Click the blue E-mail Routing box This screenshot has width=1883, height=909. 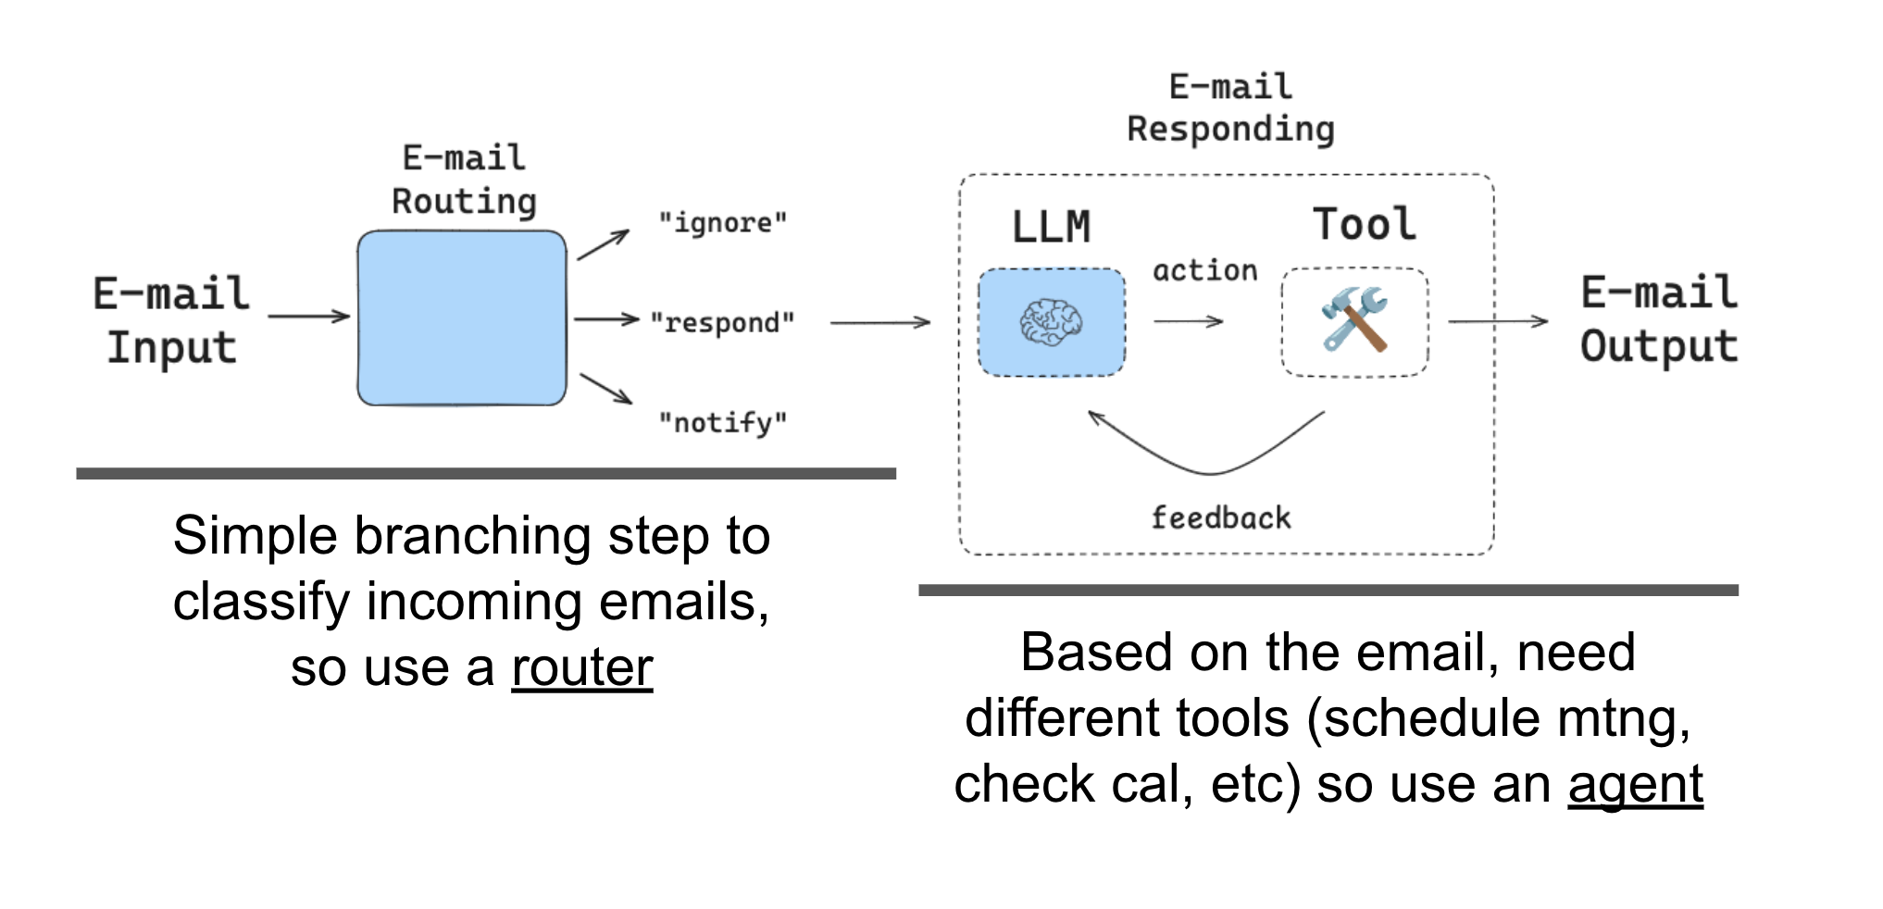tap(462, 318)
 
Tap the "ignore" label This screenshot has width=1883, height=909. tap(722, 223)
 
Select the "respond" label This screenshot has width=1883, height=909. tap(722, 323)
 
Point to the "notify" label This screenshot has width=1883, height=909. tap(722, 423)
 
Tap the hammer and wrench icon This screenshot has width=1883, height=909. tap(1354, 319)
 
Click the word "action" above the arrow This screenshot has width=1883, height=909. tap(1204, 271)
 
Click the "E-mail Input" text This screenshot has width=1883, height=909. tap(172, 320)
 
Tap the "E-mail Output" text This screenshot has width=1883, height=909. tap(1658, 319)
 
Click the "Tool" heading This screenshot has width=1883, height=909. tap(1364, 225)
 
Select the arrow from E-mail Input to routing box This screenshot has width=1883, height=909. tap(308, 317)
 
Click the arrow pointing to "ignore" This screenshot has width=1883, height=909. tap(603, 245)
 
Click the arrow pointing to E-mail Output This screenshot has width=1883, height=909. tap(1497, 322)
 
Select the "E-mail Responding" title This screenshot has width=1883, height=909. tap(1230, 108)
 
